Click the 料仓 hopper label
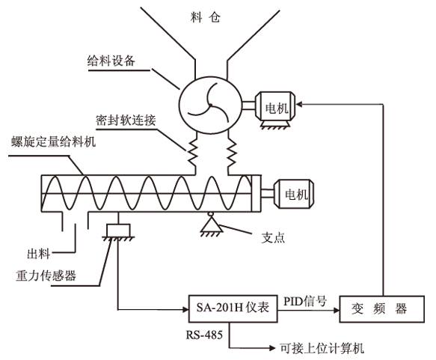[x=206, y=17]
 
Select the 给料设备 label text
[x=111, y=61]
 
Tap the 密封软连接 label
[x=126, y=120]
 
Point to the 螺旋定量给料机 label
[x=54, y=141]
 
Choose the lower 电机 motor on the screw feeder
[x=294, y=194]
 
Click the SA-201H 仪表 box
[x=233, y=308]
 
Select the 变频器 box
[x=381, y=309]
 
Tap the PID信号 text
[x=305, y=301]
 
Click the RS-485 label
[x=204, y=335]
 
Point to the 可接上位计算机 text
[x=322, y=348]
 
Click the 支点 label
[x=273, y=238]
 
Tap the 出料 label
[x=38, y=254]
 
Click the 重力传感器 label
[x=46, y=275]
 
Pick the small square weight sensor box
[x=118, y=231]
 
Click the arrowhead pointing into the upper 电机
[x=299, y=105]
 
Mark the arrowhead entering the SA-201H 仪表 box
[x=185, y=309]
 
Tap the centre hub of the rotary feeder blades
[x=210, y=105]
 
